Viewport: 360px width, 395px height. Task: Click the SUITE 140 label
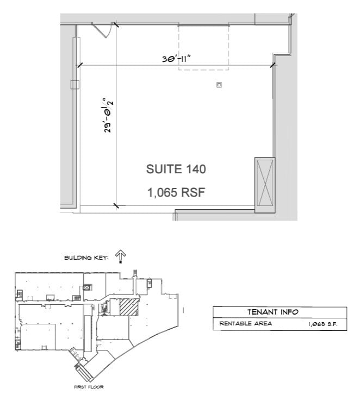point(176,169)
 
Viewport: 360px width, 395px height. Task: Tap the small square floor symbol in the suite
point(219,85)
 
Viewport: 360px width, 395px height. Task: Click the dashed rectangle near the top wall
point(204,48)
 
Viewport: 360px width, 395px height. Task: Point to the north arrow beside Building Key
point(121,256)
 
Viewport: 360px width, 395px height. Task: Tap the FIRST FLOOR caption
point(88,387)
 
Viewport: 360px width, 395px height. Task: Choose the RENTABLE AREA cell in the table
point(245,324)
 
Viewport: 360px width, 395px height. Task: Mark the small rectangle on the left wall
point(75,84)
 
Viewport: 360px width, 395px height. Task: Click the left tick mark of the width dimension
point(80,65)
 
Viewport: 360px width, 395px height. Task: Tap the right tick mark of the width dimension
point(272,66)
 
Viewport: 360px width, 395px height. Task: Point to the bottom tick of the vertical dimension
point(115,205)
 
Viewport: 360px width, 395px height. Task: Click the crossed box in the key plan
point(87,287)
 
